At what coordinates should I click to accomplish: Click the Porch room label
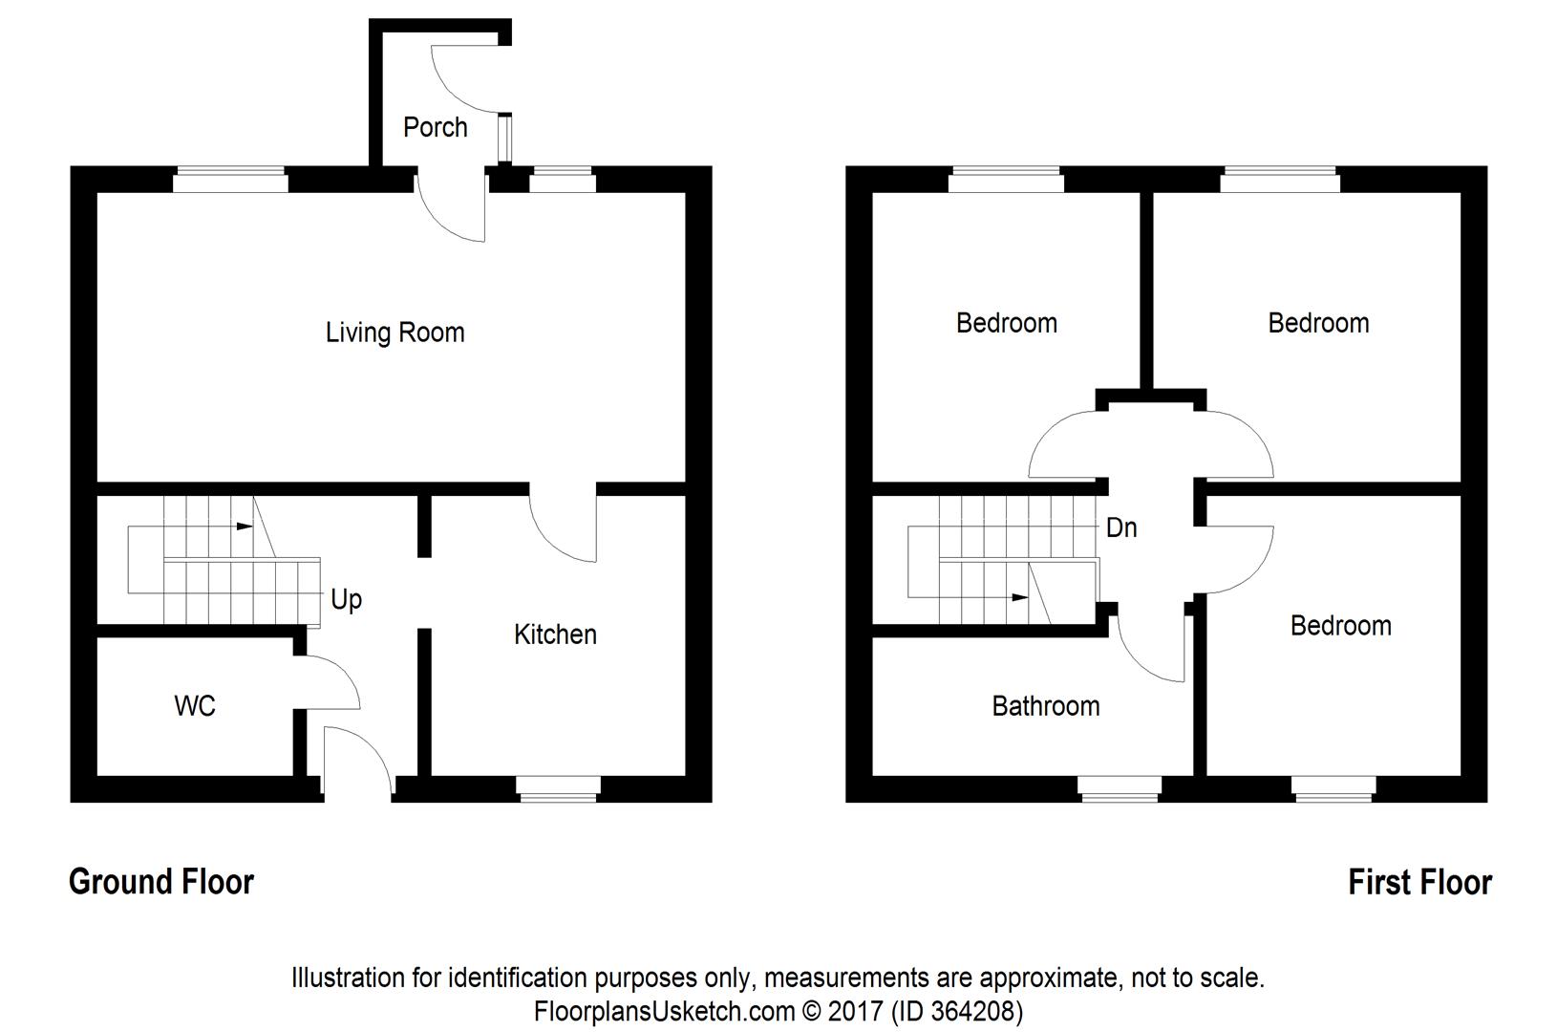click(436, 127)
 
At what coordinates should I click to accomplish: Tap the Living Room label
click(395, 333)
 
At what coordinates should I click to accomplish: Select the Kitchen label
click(555, 634)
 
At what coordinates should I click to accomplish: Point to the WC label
click(195, 706)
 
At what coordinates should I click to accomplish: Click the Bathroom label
click(1045, 706)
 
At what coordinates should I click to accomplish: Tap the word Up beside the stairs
click(346, 599)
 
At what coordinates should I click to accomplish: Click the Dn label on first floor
click(1121, 527)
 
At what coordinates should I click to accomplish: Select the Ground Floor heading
click(161, 882)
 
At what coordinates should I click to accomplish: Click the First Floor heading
click(1420, 882)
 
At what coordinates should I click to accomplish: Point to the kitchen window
click(558, 788)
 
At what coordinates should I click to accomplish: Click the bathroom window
click(1120, 788)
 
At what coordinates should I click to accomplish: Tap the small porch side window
click(505, 140)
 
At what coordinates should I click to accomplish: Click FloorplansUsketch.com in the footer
click(664, 1010)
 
